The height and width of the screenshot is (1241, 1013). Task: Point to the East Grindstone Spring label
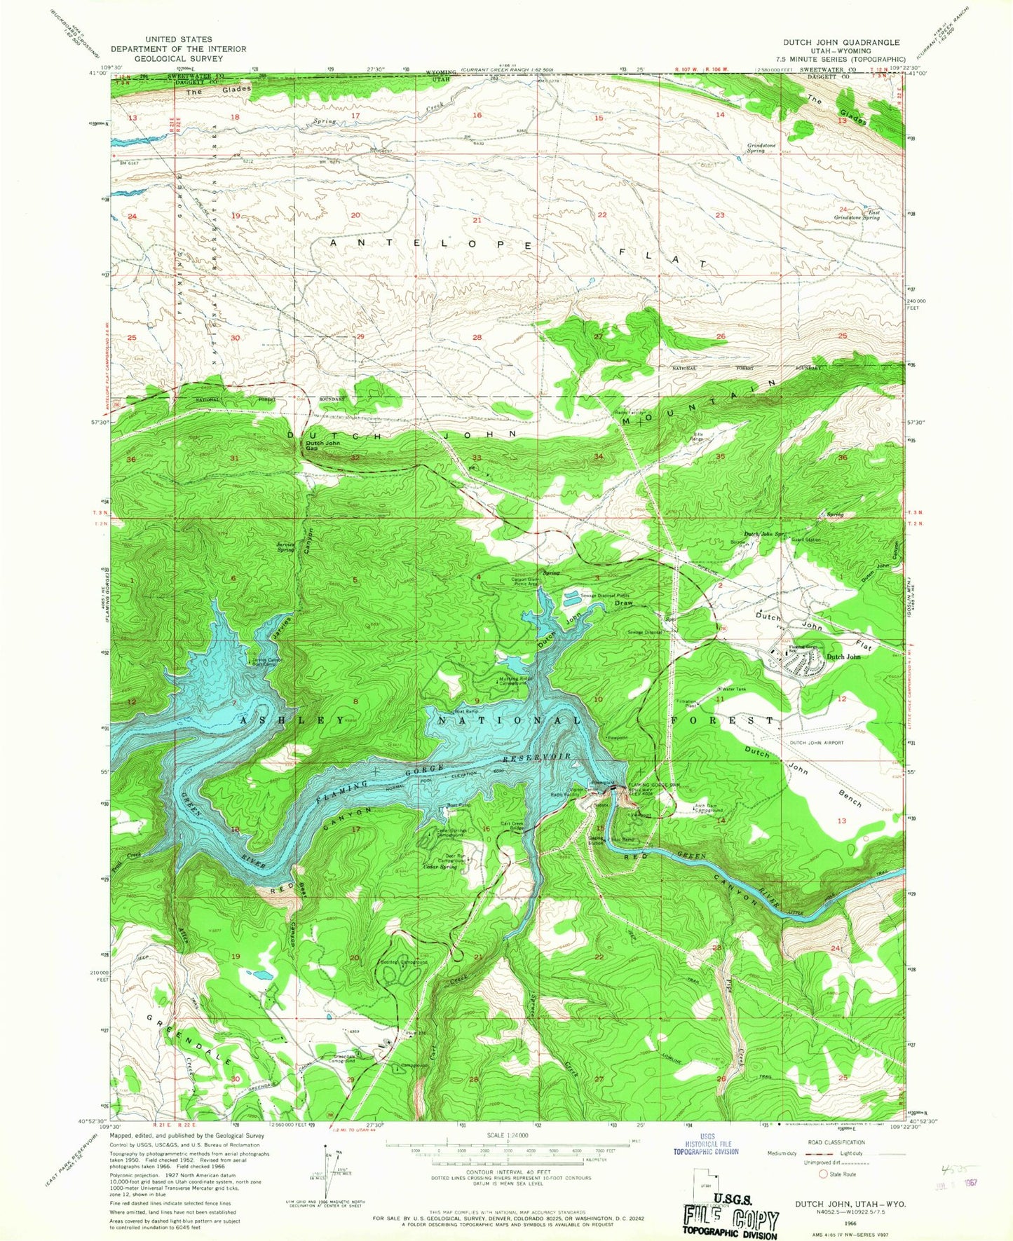click(x=857, y=215)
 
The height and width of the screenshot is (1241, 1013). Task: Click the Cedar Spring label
click(x=440, y=867)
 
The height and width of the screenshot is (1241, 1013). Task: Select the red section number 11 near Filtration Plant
click(x=720, y=699)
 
